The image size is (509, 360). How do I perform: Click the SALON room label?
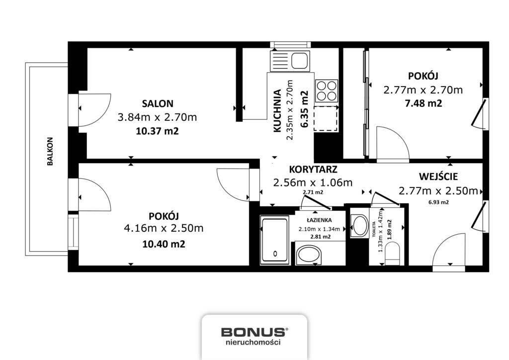(158, 103)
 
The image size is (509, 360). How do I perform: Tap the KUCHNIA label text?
(277, 111)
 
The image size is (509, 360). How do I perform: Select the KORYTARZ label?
(313, 170)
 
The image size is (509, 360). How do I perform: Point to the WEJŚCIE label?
(438, 177)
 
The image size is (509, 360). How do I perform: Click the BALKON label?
(50, 151)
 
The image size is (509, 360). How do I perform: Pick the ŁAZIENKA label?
(318, 220)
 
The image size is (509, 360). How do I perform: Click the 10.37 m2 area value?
(157, 131)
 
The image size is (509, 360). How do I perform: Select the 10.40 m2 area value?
(164, 244)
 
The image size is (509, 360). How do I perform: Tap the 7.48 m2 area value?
(423, 103)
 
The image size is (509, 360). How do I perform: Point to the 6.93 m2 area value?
(438, 202)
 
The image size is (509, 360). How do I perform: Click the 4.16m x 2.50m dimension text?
(164, 228)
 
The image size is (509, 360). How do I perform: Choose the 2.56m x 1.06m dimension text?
(313, 183)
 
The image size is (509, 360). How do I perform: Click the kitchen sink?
(290, 61)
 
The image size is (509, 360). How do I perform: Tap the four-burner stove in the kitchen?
(326, 91)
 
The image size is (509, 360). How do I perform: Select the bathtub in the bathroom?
(274, 240)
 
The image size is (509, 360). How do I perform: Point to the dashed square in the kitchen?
(326, 119)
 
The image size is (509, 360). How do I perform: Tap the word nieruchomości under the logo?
(253, 342)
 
